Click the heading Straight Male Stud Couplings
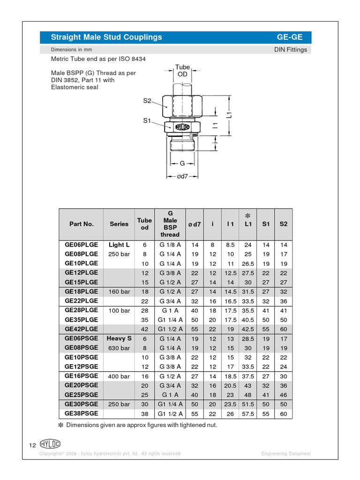[x=106, y=37]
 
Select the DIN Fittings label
[x=290, y=50]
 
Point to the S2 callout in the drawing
[x=147, y=101]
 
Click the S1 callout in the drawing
[x=147, y=121]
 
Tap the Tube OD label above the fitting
[x=182, y=71]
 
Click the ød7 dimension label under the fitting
[x=182, y=177]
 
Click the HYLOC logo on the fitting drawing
[x=182, y=127]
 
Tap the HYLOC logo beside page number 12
[x=50, y=444]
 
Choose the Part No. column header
[x=82, y=224]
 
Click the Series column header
[x=119, y=224]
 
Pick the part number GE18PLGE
[x=82, y=292]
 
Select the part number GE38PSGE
[x=82, y=413]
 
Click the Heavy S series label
[x=119, y=338]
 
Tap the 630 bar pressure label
[x=119, y=348]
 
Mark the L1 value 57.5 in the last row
[x=247, y=413]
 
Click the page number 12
[x=33, y=445]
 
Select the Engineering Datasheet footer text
[x=286, y=454]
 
